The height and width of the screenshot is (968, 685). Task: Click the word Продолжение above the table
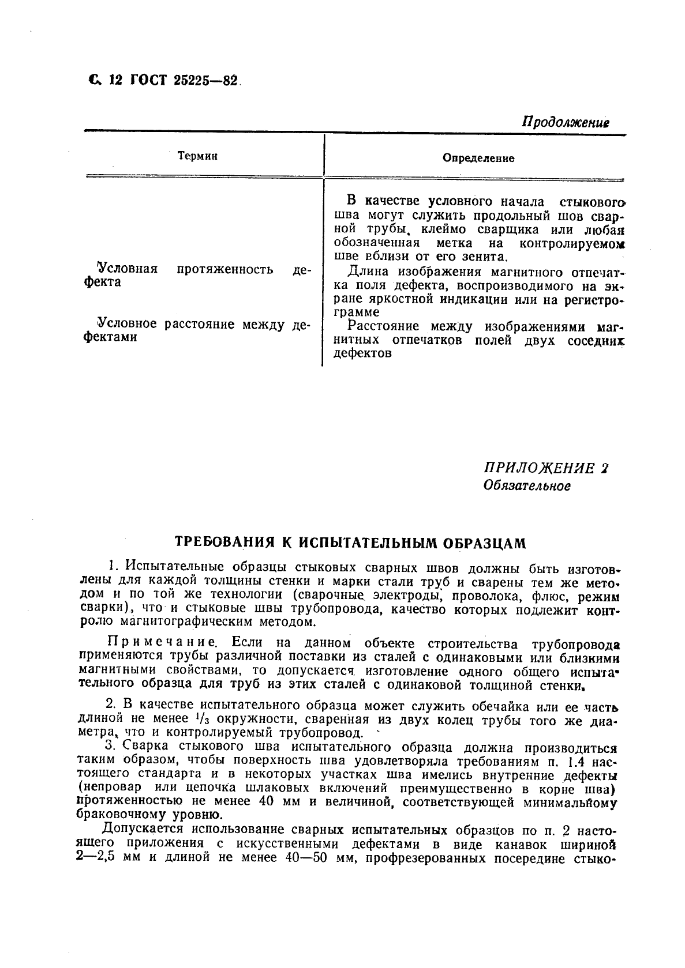tap(566, 122)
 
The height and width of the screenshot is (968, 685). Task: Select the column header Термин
tap(198, 156)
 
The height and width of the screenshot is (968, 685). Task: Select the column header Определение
tap(478, 158)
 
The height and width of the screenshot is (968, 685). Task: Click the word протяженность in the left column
tap(225, 269)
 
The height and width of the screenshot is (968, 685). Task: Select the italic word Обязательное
tap(526, 486)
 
